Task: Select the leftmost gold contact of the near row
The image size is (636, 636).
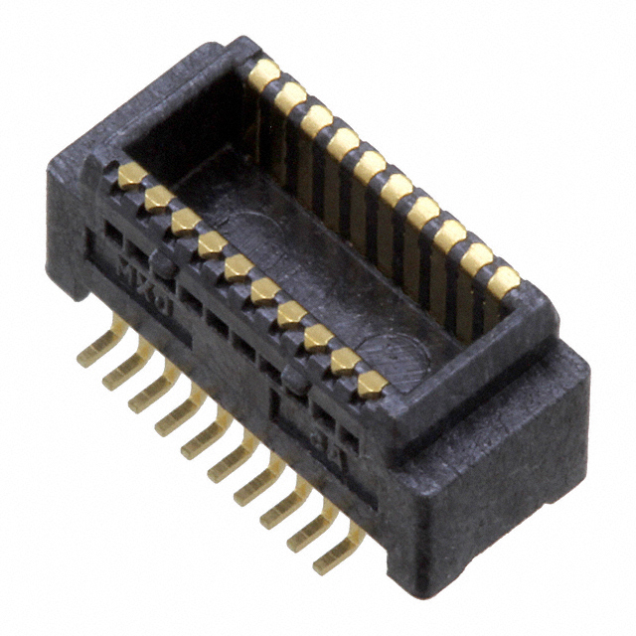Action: point(132,176)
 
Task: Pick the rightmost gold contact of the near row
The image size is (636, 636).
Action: point(371,385)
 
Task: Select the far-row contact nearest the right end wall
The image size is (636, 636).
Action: point(503,281)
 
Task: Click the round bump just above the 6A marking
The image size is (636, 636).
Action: point(293,378)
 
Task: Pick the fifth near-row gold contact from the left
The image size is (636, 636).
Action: point(238,267)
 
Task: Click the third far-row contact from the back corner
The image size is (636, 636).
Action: point(317,119)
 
